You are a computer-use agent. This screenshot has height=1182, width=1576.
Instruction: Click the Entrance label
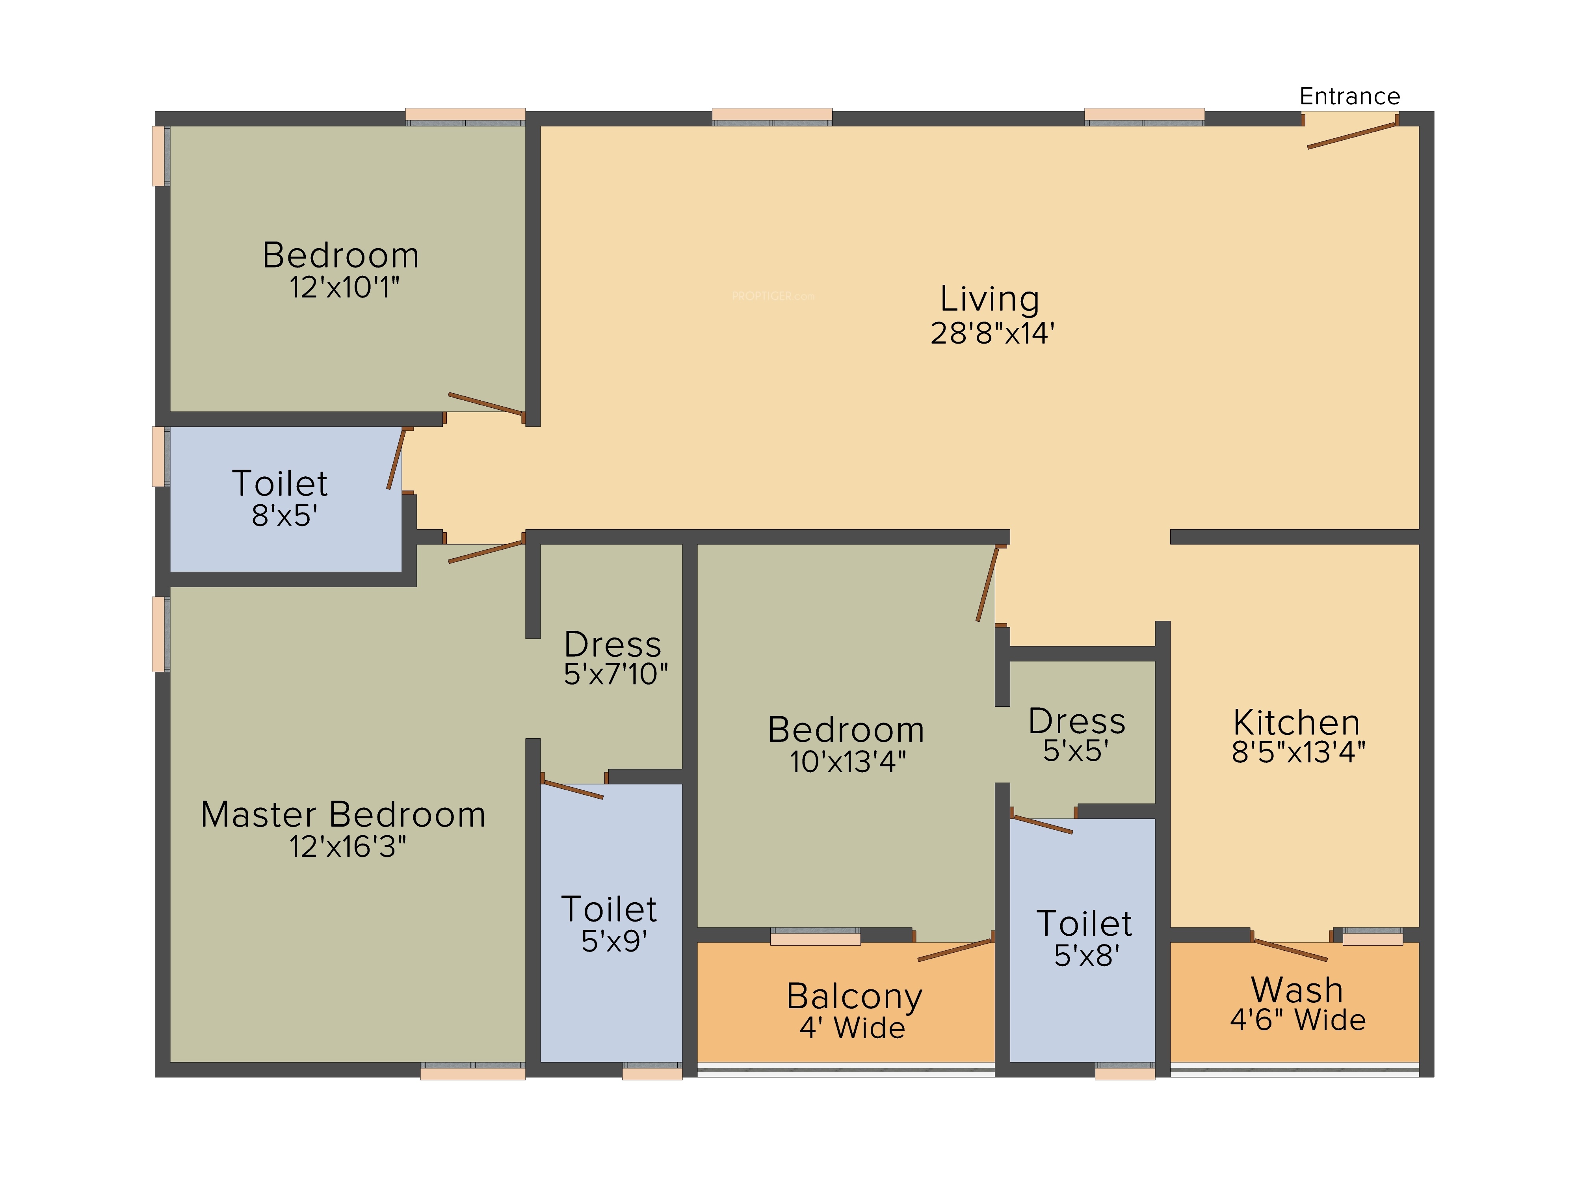(1349, 96)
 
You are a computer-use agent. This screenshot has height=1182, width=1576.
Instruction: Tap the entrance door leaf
(1351, 136)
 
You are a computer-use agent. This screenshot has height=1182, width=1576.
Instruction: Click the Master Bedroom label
(344, 814)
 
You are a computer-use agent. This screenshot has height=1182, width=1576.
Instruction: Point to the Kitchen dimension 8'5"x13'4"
(1298, 752)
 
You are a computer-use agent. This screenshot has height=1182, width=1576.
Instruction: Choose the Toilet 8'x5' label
(280, 484)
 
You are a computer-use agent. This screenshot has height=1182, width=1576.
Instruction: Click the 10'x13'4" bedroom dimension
(848, 762)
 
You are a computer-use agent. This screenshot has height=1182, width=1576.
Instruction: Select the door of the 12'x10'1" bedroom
(486, 404)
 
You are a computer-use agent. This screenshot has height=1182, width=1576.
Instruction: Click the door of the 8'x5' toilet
(396, 458)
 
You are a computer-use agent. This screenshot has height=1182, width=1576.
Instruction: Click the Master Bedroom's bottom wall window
(472, 1071)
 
